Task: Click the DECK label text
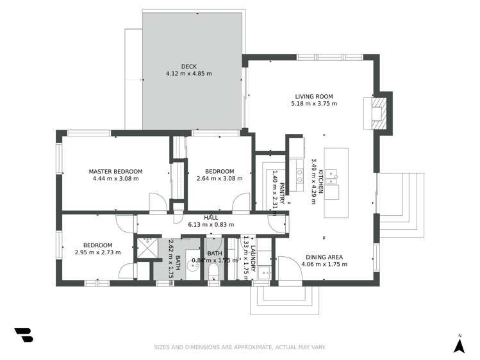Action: tap(188, 66)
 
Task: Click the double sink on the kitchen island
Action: tap(332, 174)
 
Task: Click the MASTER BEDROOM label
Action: tap(115, 171)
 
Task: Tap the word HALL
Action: tap(211, 217)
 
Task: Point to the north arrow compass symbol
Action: tap(459, 345)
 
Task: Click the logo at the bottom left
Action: tap(24, 335)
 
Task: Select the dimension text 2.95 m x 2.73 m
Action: tap(97, 252)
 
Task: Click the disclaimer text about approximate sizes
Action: tap(240, 347)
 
